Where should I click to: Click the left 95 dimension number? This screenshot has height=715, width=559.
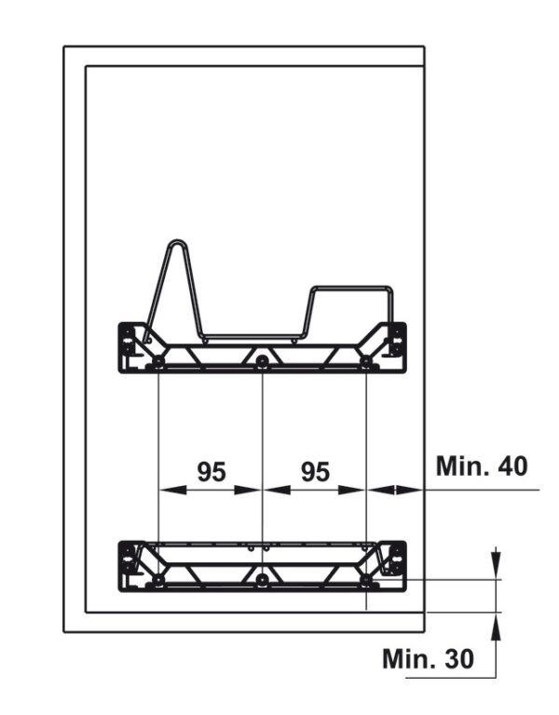211,471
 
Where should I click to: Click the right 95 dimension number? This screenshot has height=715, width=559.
315,471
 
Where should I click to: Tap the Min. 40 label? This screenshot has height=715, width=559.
482,466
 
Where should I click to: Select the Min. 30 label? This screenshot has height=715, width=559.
428,658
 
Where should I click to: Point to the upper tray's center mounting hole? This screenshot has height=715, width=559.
262,361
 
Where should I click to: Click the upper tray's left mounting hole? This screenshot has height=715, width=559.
157,361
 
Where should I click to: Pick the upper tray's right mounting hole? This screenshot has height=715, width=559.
366,361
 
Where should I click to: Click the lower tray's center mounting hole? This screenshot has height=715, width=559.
262,580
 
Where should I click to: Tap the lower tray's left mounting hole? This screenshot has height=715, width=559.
157,580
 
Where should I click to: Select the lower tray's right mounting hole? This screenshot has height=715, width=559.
366,580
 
